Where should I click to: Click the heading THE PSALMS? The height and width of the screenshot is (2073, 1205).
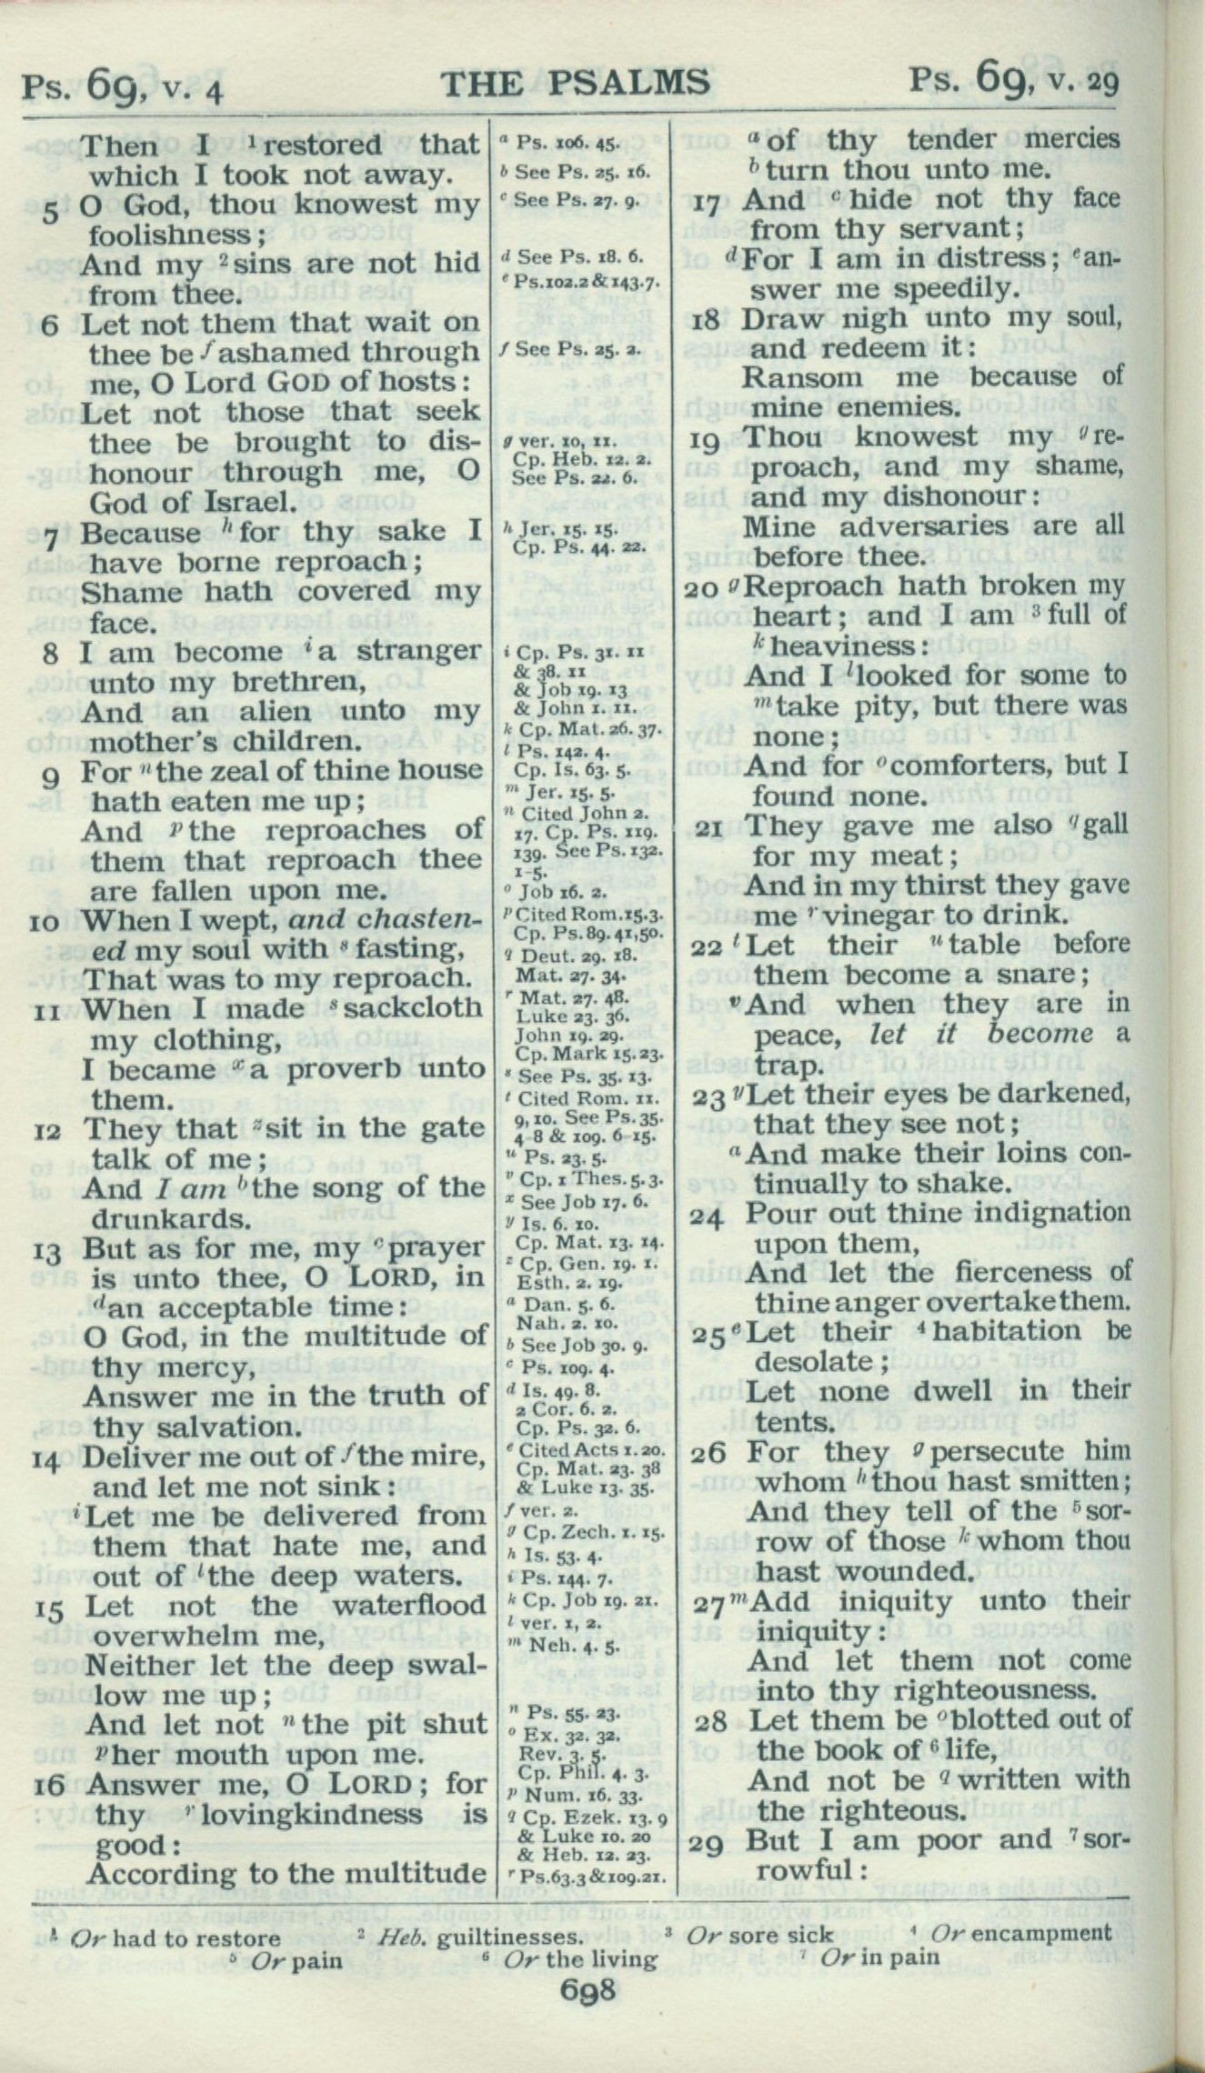[x=575, y=83]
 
